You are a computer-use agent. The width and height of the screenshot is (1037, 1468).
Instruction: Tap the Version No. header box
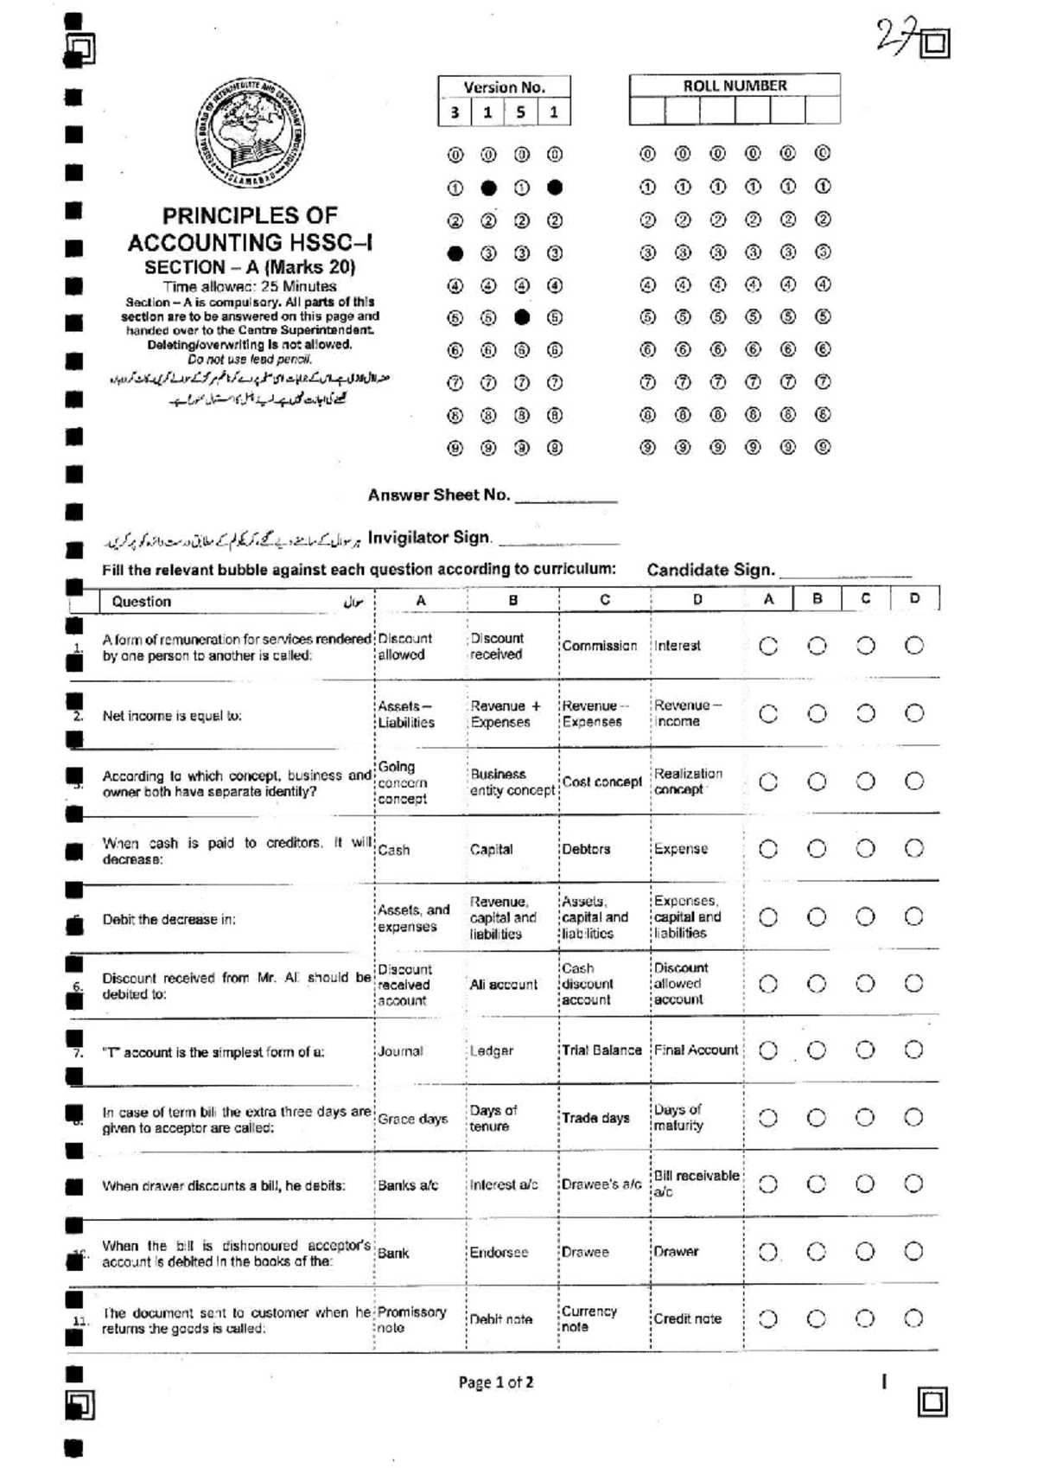tap(504, 86)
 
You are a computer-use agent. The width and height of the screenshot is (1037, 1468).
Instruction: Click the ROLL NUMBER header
tap(735, 86)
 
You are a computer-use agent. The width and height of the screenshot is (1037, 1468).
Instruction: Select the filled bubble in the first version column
tap(455, 253)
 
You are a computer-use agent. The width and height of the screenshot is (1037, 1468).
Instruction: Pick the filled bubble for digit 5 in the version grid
tap(521, 317)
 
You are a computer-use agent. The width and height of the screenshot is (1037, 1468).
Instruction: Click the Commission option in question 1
tap(599, 646)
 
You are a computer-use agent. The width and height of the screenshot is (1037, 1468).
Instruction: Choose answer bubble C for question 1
tap(865, 646)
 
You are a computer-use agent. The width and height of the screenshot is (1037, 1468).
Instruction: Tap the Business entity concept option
tap(512, 782)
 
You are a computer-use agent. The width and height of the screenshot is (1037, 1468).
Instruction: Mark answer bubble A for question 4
tap(768, 849)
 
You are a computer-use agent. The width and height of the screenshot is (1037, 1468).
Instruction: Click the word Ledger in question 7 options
tap(492, 1050)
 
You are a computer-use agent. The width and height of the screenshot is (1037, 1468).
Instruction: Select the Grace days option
tap(412, 1119)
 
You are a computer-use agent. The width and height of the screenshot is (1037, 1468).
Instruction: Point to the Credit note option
tap(687, 1318)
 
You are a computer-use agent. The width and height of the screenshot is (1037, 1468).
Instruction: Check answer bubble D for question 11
tap(913, 1318)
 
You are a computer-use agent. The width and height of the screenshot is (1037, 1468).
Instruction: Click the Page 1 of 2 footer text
tap(495, 1382)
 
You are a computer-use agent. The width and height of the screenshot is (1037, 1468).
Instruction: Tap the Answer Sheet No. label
tap(439, 495)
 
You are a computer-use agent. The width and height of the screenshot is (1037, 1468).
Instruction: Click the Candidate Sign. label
tap(710, 570)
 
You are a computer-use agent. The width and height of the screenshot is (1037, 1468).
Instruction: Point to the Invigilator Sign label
tap(429, 538)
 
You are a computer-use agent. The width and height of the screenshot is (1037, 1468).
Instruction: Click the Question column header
tap(142, 602)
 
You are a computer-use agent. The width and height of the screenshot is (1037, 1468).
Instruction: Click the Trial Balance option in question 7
tap(601, 1050)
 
